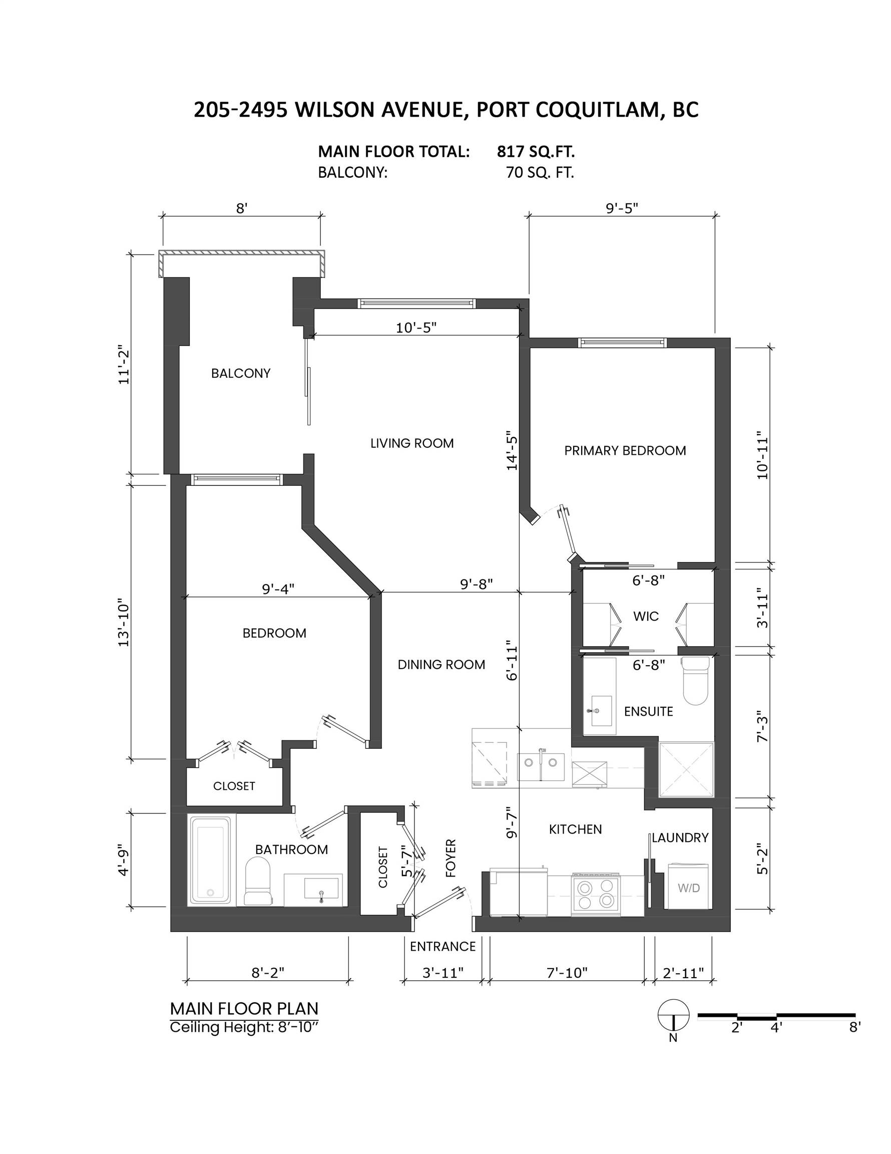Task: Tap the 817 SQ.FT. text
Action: pyautogui.click(x=535, y=152)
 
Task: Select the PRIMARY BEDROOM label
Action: pyautogui.click(x=625, y=451)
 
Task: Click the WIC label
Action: pyautogui.click(x=646, y=616)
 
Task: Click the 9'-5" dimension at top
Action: pyautogui.click(x=622, y=208)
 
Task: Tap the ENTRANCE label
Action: pyautogui.click(x=442, y=946)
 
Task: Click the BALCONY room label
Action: pyautogui.click(x=241, y=374)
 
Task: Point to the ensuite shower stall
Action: pyautogui.click(x=686, y=769)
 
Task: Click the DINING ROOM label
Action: pyautogui.click(x=441, y=665)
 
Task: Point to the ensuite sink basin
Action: pyautogui.click(x=601, y=711)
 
